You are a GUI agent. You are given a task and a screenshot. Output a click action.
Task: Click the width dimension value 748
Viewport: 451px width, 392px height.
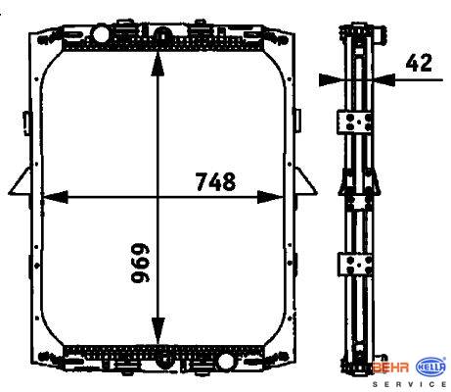(215, 181)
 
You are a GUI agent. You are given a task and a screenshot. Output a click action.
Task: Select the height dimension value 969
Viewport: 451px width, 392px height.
(141, 263)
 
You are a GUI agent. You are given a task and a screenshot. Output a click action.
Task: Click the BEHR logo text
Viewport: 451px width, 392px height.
(391, 367)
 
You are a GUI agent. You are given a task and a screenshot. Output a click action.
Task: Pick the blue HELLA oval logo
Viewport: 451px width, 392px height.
(431, 367)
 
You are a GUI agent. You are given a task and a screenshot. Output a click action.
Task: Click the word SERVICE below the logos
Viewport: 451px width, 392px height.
(410, 384)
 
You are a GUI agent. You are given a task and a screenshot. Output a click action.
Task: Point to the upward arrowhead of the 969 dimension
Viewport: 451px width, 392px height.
(158, 64)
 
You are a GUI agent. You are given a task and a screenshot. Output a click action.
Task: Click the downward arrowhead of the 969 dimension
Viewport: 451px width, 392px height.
(158, 330)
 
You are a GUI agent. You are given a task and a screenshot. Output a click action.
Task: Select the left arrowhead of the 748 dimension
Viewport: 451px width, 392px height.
(55, 197)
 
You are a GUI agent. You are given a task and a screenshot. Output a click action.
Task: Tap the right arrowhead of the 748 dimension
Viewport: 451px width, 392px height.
(270, 197)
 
